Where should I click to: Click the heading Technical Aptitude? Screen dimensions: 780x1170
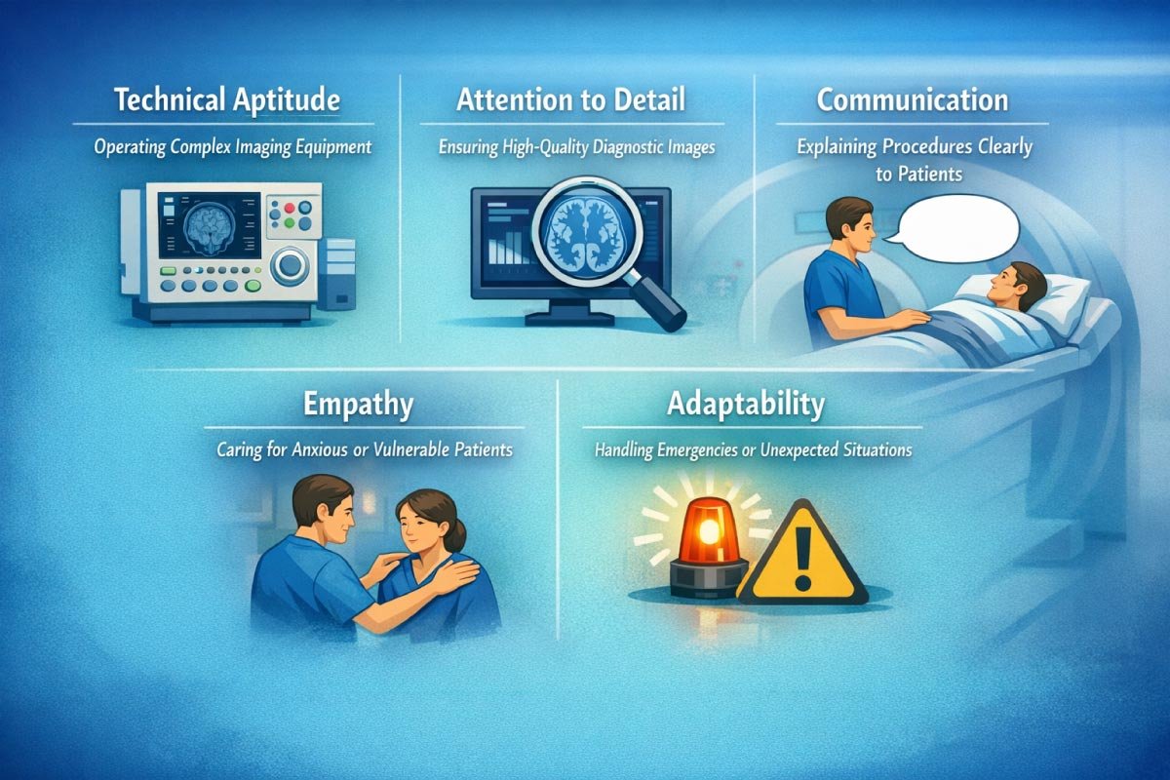[x=226, y=99]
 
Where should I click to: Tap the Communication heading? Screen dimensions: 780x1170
[x=912, y=99]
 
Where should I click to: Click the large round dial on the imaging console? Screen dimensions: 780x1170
[x=290, y=265]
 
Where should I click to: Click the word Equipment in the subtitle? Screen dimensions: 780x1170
[x=328, y=149]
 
